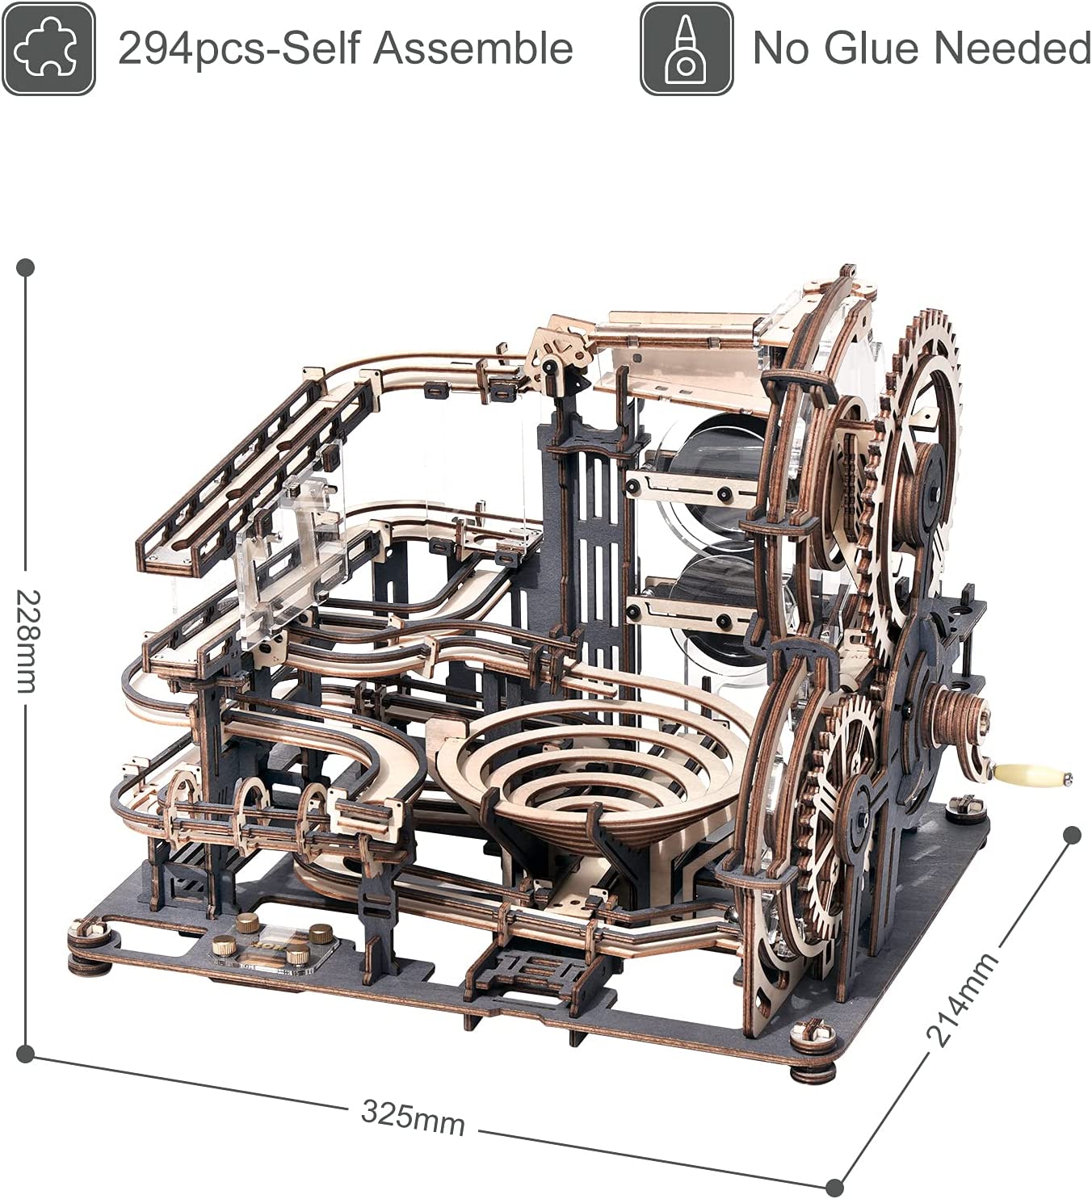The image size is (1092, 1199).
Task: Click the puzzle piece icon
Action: coord(48,48)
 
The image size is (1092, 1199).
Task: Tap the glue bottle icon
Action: coord(687,48)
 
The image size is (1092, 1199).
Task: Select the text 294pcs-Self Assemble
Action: coord(346,48)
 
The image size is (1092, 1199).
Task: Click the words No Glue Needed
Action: coord(922,48)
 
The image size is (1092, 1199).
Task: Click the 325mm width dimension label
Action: coord(413,1117)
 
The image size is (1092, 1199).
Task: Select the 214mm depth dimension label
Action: coord(961,999)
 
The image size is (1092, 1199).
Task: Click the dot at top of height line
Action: coord(26,266)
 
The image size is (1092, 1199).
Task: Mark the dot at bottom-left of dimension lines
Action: coord(26,1052)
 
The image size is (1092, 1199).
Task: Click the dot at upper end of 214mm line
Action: coord(1072,836)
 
